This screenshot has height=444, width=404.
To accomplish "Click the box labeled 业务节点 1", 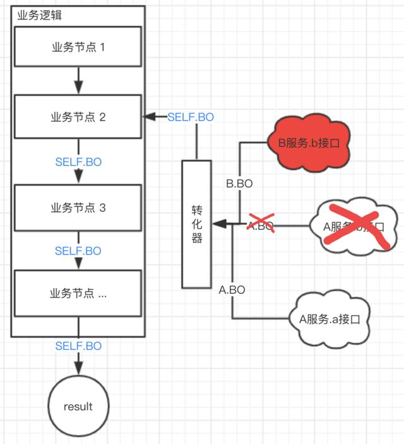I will pos(78,47).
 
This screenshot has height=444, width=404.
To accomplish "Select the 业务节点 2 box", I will pos(78,117).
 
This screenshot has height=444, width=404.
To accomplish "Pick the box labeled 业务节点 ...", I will pos(78,293).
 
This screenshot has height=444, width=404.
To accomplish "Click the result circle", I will pos(78,406).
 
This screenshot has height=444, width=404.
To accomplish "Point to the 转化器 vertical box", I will pos(196,223).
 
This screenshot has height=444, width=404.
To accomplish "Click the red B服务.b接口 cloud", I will pos(309,143).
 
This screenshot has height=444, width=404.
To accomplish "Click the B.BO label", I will pos(239,184).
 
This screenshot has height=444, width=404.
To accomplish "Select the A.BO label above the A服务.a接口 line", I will pos(232,290).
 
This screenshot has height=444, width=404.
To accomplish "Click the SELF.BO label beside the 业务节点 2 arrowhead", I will pos(191,117).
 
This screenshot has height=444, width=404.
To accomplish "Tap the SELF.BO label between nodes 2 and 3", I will pos(78,162).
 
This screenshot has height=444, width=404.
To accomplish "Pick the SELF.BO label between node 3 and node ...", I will pos(78,251).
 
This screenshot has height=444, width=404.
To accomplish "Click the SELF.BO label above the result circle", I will pos(78,346).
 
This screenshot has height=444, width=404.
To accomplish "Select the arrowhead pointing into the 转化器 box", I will pos(216,224).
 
